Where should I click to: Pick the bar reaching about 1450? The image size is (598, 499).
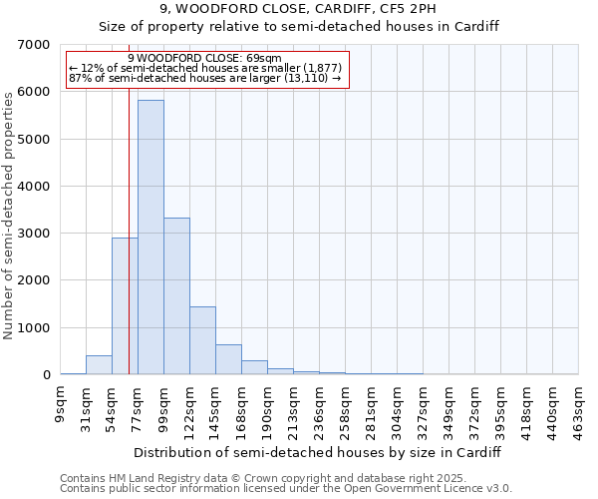(x=202, y=340)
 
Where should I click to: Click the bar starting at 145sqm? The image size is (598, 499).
(x=228, y=359)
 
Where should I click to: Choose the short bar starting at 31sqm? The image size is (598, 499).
(x=99, y=365)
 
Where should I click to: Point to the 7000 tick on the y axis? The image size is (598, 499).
(x=34, y=45)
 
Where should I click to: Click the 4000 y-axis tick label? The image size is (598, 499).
(x=34, y=187)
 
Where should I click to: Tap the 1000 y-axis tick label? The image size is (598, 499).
(x=34, y=328)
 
